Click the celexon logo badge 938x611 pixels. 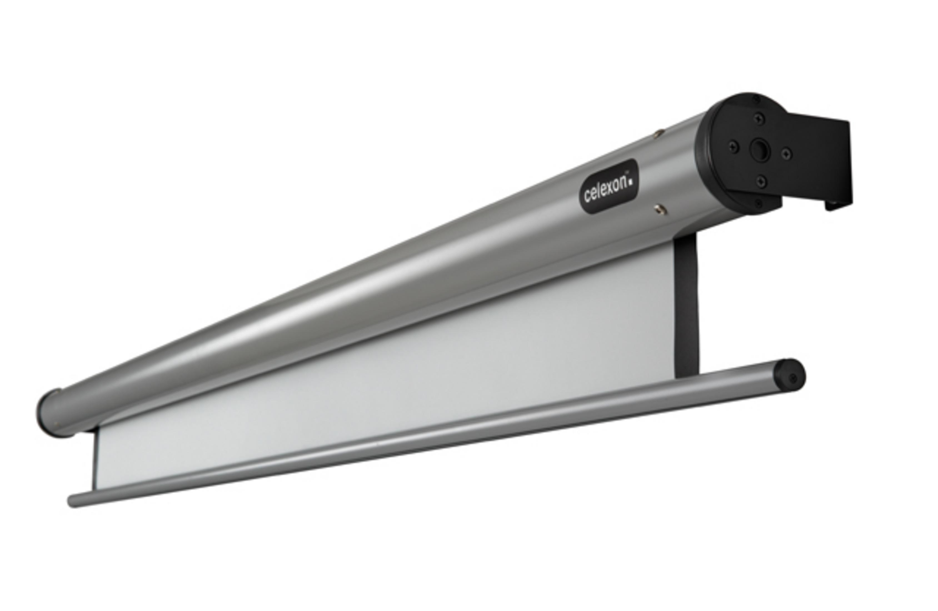[x=608, y=186]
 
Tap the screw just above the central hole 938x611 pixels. [x=759, y=118]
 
